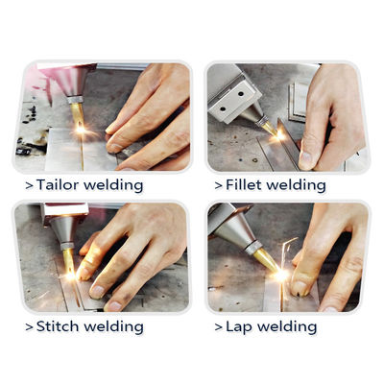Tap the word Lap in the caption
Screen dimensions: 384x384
click(x=241, y=326)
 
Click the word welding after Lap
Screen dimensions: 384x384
click(x=289, y=326)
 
